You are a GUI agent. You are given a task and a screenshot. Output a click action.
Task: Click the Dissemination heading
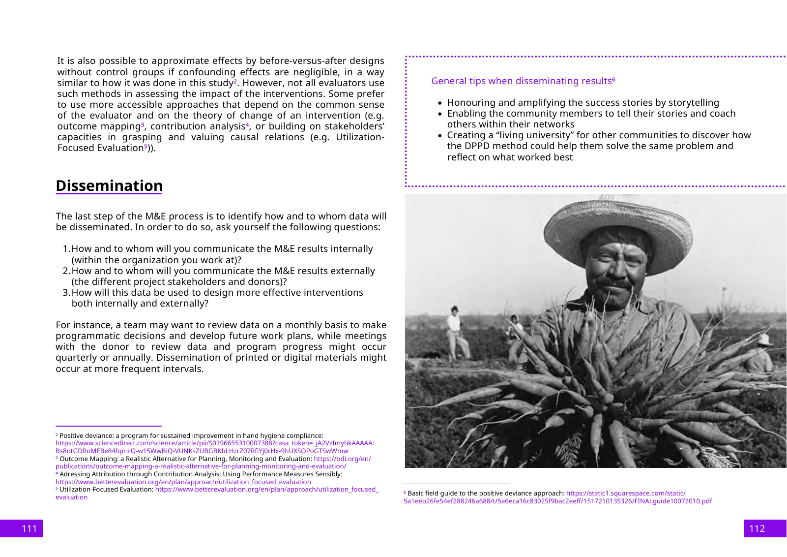pyautogui.click(x=109, y=186)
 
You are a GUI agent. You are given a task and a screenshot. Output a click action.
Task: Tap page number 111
pyautogui.click(x=29, y=528)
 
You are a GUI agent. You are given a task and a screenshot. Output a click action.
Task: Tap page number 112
pyautogui.click(x=757, y=528)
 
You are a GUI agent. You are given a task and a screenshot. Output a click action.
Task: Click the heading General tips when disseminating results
pyautogui.click(x=522, y=81)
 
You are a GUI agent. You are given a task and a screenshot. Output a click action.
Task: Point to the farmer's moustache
pyautogui.click(x=617, y=284)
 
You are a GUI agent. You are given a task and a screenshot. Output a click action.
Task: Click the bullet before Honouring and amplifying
pyautogui.click(x=440, y=103)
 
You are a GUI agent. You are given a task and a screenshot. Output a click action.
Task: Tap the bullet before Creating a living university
pyautogui.click(x=440, y=136)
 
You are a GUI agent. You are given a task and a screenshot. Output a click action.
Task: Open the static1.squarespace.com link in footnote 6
pyautogui.click(x=625, y=493)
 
